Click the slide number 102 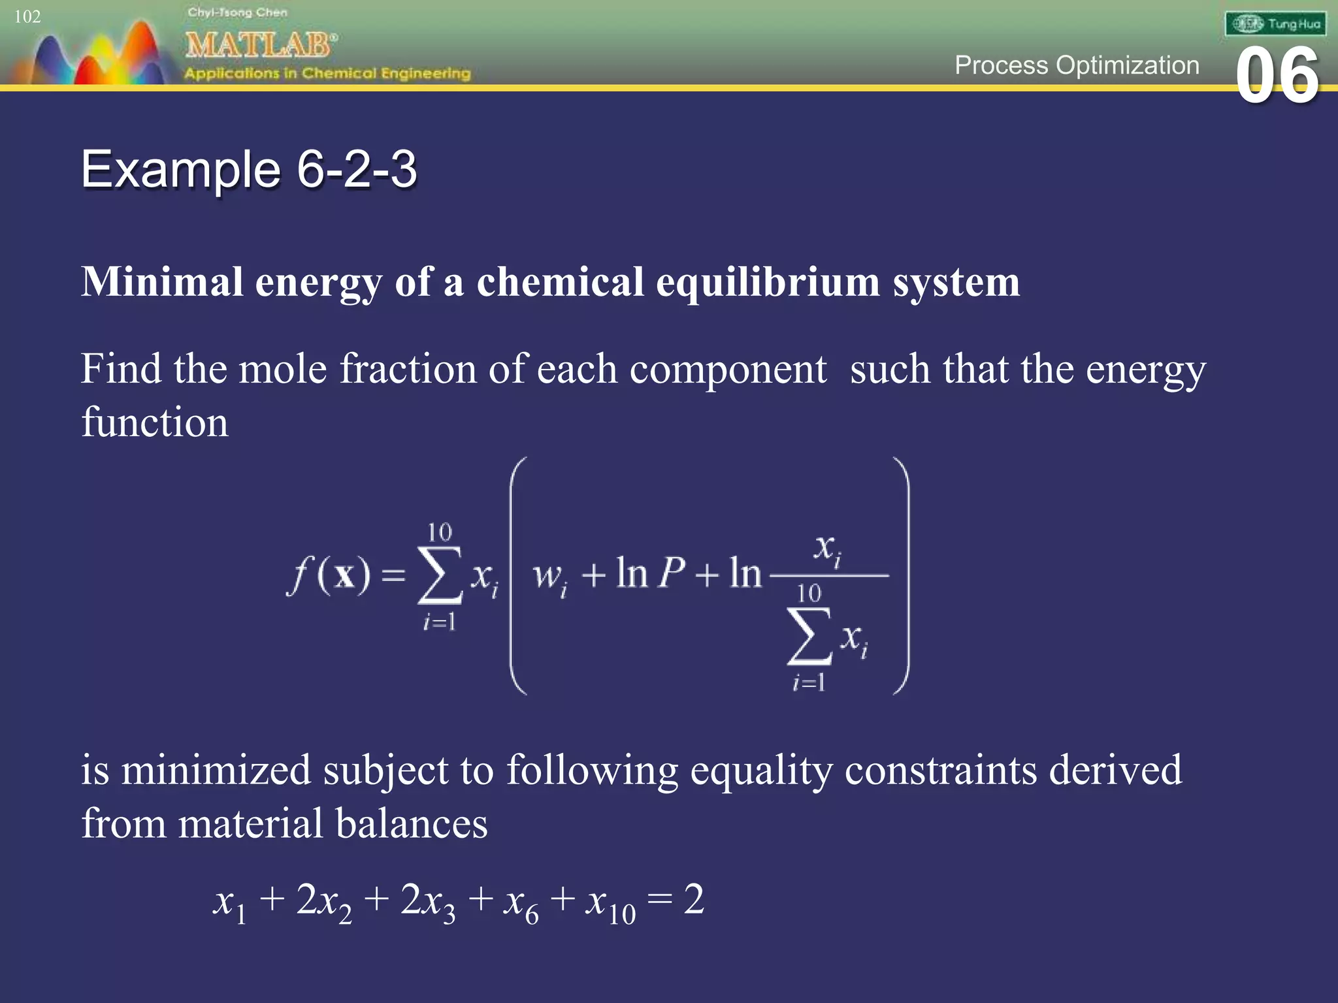(x=27, y=16)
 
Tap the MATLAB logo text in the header (x=260, y=45)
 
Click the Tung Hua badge (x=1275, y=24)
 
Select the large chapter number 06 (x=1277, y=76)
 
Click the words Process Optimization (x=1076, y=65)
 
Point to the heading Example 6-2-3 (x=248, y=170)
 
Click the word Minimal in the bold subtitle (x=161, y=282)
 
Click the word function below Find (x=155, y=422)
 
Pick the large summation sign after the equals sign (x=440, y=575)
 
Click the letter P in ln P (x=671, y=573)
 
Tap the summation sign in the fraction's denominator (x=809, y=636)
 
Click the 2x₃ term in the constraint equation (x=427, y=902)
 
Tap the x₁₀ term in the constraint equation (x=610, y=903)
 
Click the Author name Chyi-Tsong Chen (x=237, y=12)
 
